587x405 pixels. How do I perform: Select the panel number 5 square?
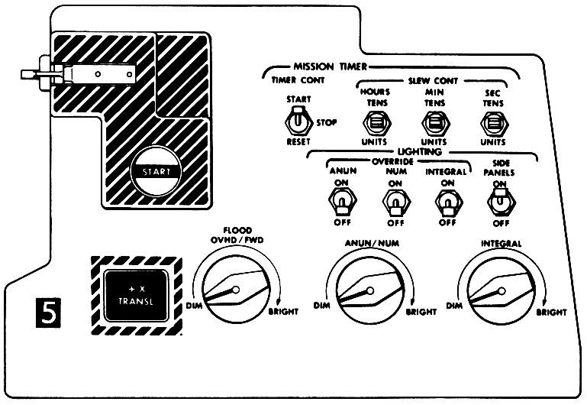click(x=47, y=313)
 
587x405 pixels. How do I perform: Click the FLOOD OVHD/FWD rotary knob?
click(x=234, y=290)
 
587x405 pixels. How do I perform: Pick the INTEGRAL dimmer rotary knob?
click(x=503, y=290)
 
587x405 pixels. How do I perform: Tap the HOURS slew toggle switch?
click(x=374, y=122)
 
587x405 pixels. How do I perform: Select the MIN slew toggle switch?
click(x=433, y=122)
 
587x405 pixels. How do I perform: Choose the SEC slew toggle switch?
click(x=489, y=122)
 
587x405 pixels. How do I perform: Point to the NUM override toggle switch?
click(x=394, y=202)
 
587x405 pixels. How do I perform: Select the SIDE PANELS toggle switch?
click(x=500, y=202)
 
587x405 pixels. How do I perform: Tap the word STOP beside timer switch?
click(x=326, y=122)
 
